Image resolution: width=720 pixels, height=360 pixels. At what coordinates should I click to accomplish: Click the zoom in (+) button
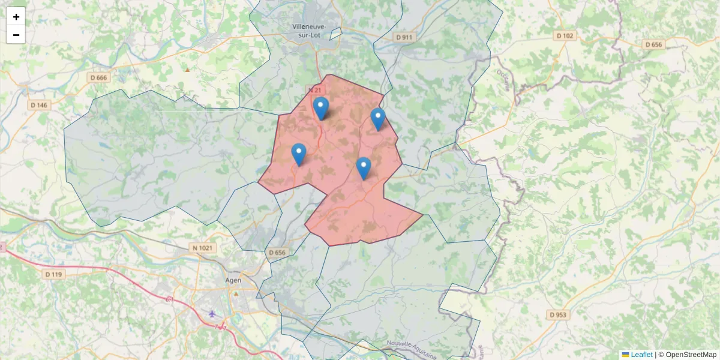pos(16,17)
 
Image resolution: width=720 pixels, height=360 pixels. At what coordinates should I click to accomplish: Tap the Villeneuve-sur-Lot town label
pos(308,31)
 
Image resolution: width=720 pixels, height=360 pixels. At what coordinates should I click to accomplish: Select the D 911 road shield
pos(405,37)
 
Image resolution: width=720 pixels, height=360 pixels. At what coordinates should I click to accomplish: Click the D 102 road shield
pos(565,36)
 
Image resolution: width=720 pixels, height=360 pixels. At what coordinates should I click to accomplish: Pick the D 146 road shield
pos(39,105)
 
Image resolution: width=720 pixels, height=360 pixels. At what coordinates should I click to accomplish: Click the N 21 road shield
pos(314,90)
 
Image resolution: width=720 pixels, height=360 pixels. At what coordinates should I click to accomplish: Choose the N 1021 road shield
pos(204,247)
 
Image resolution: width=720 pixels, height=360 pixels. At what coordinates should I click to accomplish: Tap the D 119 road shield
pos(53,274)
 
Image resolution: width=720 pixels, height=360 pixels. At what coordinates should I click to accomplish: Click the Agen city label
pos(233,280)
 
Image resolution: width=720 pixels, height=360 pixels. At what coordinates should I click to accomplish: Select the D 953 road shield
pos(558,314)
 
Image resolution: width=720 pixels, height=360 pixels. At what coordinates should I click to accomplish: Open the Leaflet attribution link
pos(641,355)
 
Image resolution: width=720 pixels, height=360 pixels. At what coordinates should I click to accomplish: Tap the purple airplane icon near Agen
pos(212,313)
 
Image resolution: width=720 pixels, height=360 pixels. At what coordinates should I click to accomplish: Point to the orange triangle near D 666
pos(187,70)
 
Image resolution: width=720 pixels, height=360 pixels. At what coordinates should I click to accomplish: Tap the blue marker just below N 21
pos(322,108)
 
